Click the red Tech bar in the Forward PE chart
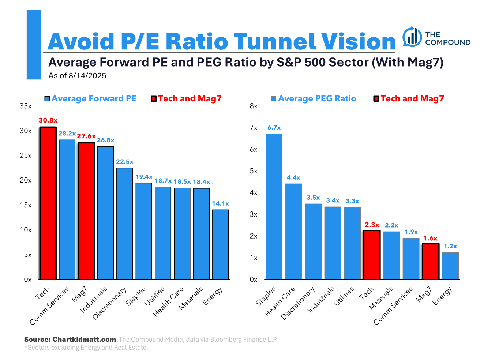tap(48, 203)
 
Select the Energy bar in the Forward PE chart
tap(220, 244)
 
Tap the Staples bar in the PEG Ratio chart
tap(274, 207)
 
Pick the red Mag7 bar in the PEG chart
tap(431, 261)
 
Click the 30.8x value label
tap(48, 120)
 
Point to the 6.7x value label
tap(274, 128)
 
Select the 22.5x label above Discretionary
tap(125, 162)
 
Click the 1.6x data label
tap(430, 238)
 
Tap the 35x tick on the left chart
tap(26, 106)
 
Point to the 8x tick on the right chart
tap(254, 106)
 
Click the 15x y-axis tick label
tap(26, 205)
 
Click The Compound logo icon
tap(412, 37)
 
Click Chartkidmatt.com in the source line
tap(84, 340)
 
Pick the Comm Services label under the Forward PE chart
tap(49, 305)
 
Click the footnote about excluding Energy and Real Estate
tap(86, 348)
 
